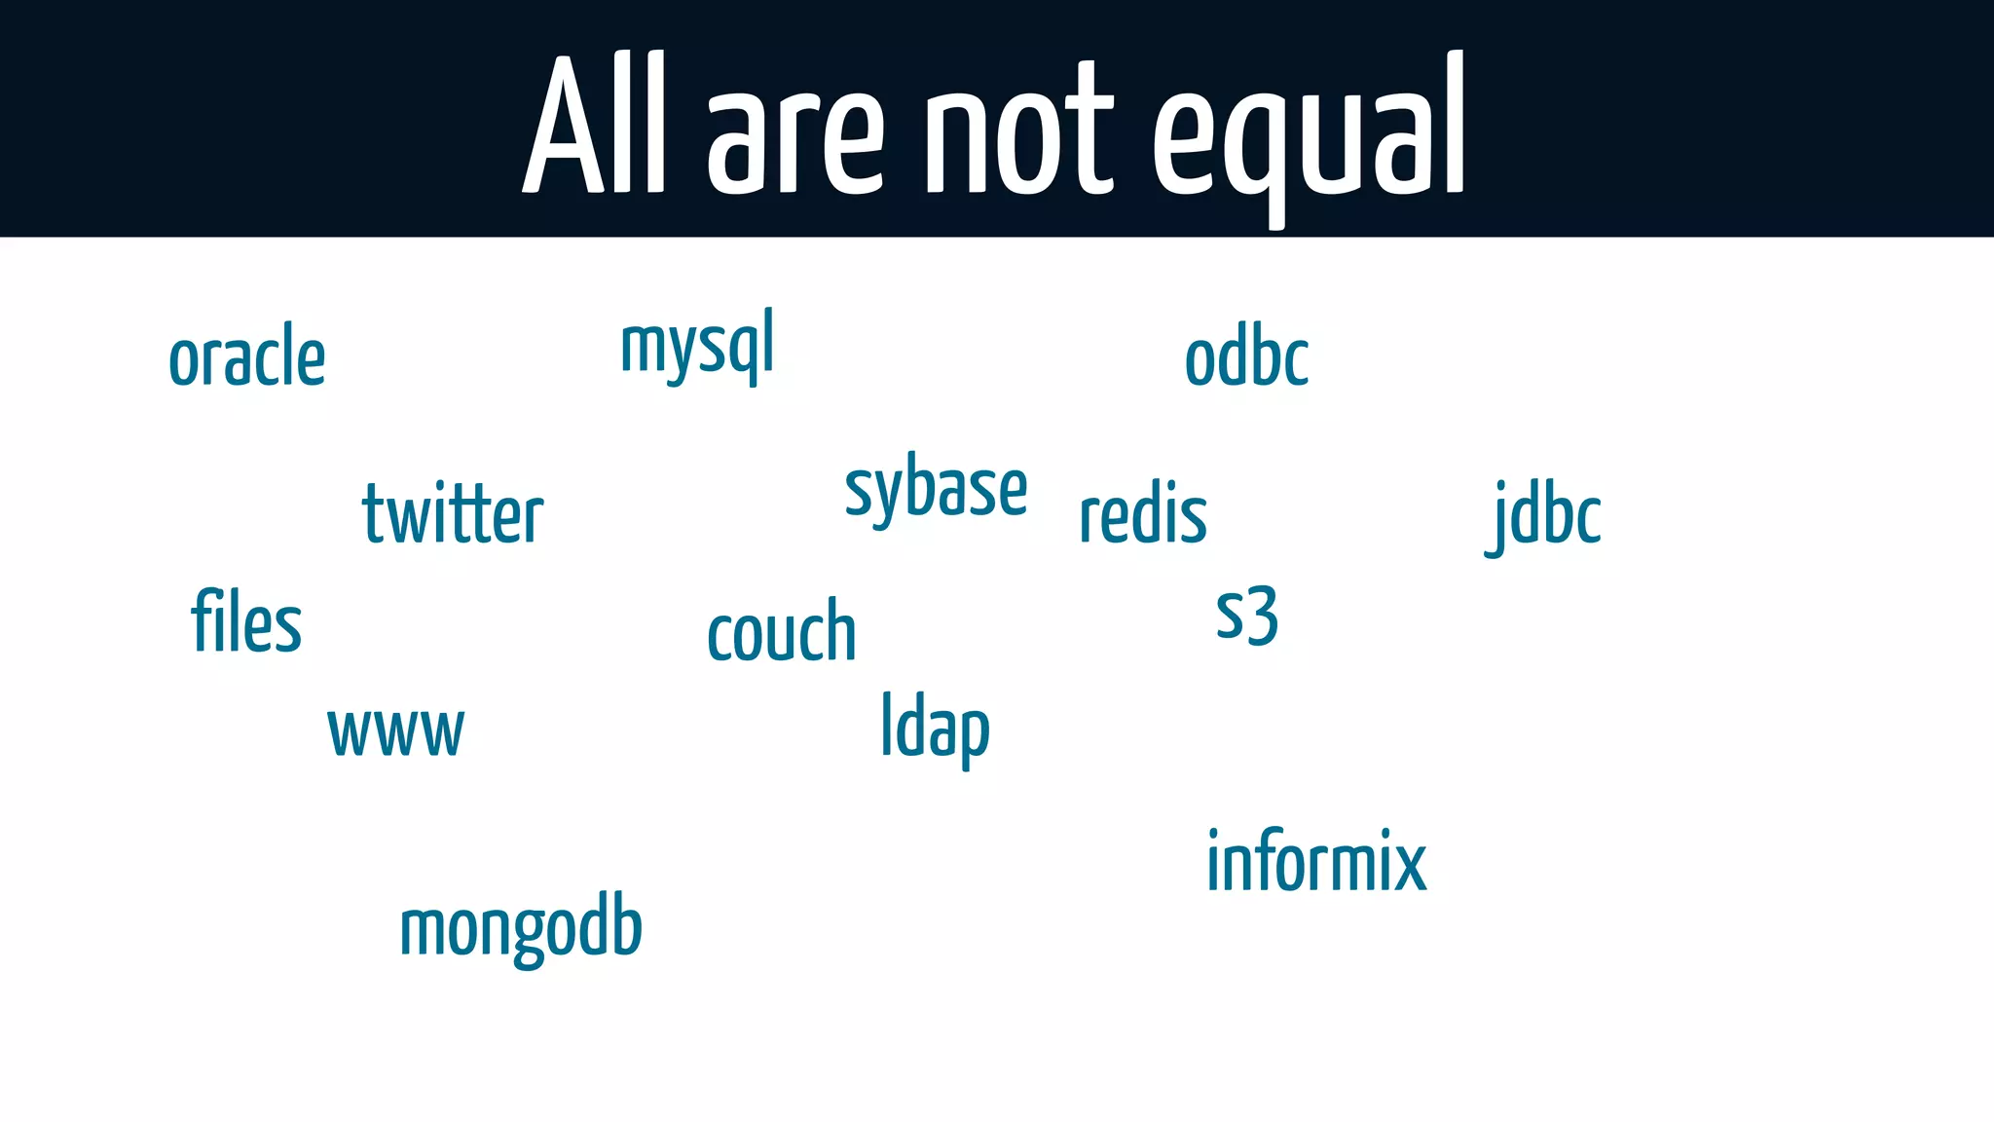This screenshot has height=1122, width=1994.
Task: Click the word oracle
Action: point(246,357)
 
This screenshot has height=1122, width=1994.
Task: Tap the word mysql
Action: point(697,346)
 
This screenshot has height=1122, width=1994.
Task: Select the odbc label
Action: point(1246,357)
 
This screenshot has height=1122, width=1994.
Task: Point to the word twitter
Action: point(453,514)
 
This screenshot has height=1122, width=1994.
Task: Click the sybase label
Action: point(936,488)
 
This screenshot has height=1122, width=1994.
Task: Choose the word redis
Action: point(1143,514)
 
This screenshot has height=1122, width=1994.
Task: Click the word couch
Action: point(782,632)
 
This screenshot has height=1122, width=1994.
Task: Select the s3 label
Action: point(1246,616)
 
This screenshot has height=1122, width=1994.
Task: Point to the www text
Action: point(396,731)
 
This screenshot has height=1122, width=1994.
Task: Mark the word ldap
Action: point(935,729)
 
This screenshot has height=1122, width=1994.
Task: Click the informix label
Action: point(1316,862)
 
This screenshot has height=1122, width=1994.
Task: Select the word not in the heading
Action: point(1017,131)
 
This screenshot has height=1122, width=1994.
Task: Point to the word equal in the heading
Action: point(1310,131)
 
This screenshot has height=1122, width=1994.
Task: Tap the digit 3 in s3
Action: point(1261,616)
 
